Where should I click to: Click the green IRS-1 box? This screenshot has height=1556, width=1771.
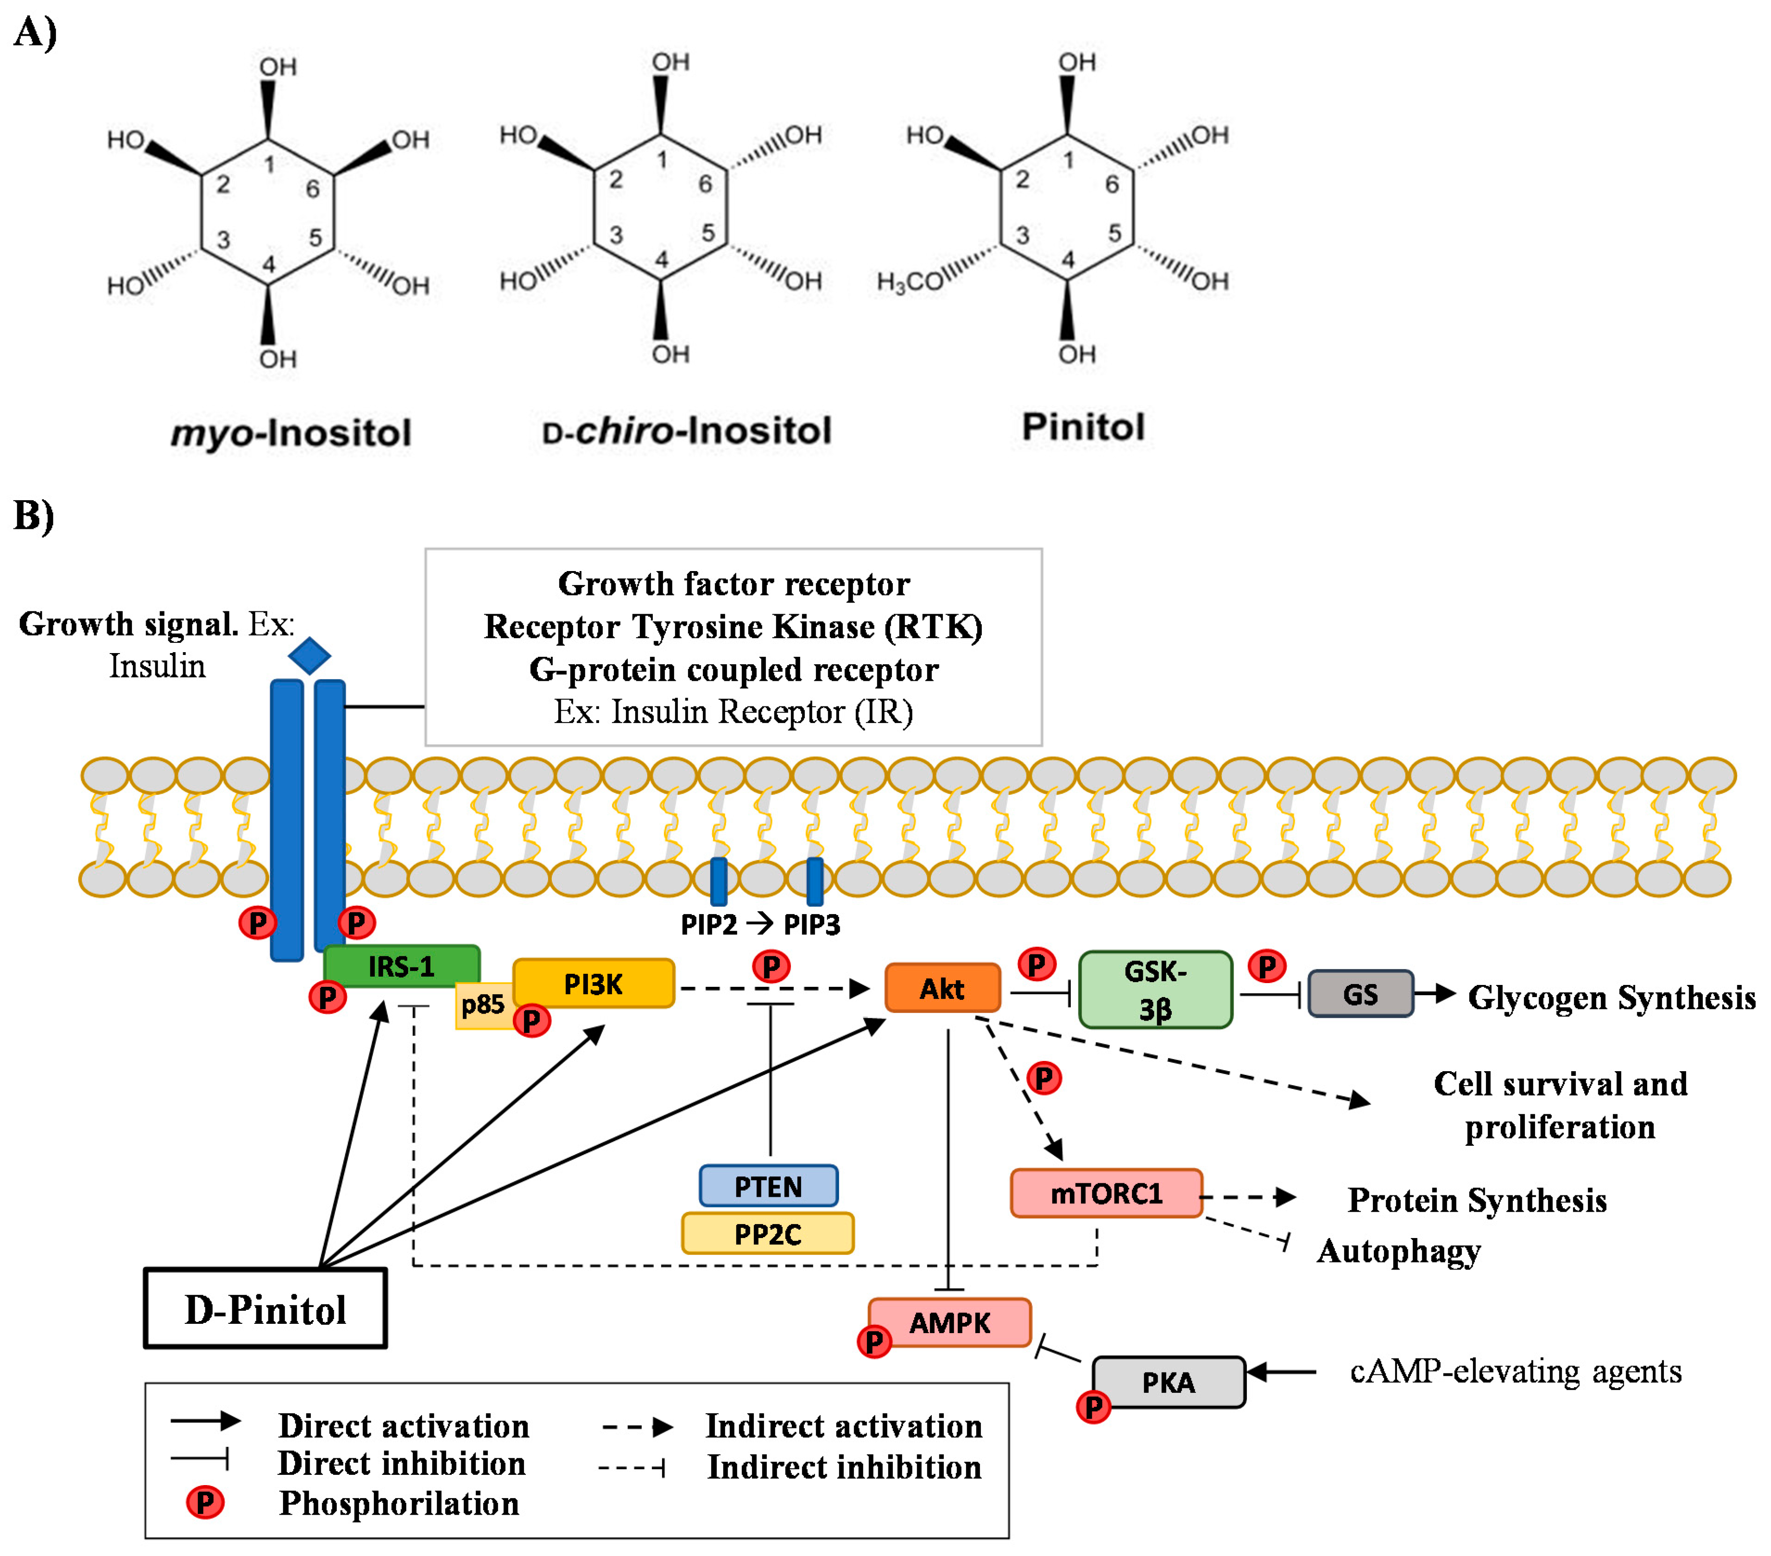[401, 965]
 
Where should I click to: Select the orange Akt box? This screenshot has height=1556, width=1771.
[942, 987]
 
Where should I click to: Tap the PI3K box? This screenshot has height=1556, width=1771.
[594, 983]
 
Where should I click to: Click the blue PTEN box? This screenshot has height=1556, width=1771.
[768, 1186]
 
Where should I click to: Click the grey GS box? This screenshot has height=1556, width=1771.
[1360, 993]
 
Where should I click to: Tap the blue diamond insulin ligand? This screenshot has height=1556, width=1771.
[310, 655]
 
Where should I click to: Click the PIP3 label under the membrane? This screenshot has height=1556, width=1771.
[812, 925]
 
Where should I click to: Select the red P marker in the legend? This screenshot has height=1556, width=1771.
[205, 1502]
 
